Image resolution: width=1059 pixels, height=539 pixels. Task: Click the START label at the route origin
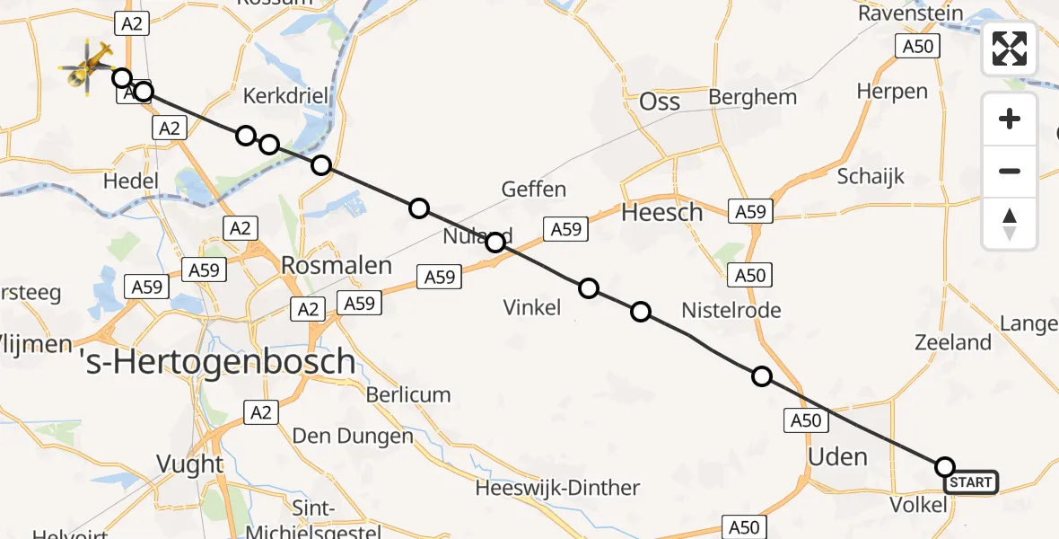point(971,483)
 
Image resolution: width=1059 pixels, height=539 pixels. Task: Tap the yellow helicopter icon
point(86,66)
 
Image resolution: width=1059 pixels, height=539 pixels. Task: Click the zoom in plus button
point(1010,119)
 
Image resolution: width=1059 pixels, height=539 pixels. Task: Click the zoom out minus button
point(1010,171)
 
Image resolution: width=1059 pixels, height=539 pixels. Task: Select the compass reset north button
point(1010,224)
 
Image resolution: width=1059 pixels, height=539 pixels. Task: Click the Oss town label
point(660,102)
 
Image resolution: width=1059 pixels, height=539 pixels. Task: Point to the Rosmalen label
point(337,265)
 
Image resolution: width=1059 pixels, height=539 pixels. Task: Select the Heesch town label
point(662,213)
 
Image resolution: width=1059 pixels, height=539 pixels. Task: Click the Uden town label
point(837,456)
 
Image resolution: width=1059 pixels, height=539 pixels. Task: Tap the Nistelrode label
point(731,311)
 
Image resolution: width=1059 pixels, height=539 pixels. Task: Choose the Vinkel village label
point(532,308)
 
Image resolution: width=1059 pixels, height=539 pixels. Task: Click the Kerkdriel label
point(285,96)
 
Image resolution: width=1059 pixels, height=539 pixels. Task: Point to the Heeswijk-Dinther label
point(557,488)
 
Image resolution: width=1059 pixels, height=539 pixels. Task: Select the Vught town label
point(189,464)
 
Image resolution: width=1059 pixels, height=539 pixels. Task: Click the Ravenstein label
point(911,13)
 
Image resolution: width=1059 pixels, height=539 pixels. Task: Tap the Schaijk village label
point(870,177)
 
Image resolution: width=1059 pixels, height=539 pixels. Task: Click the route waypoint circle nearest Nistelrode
point(641,312)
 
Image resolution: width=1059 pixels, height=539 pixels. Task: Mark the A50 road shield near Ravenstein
point(917,47)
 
